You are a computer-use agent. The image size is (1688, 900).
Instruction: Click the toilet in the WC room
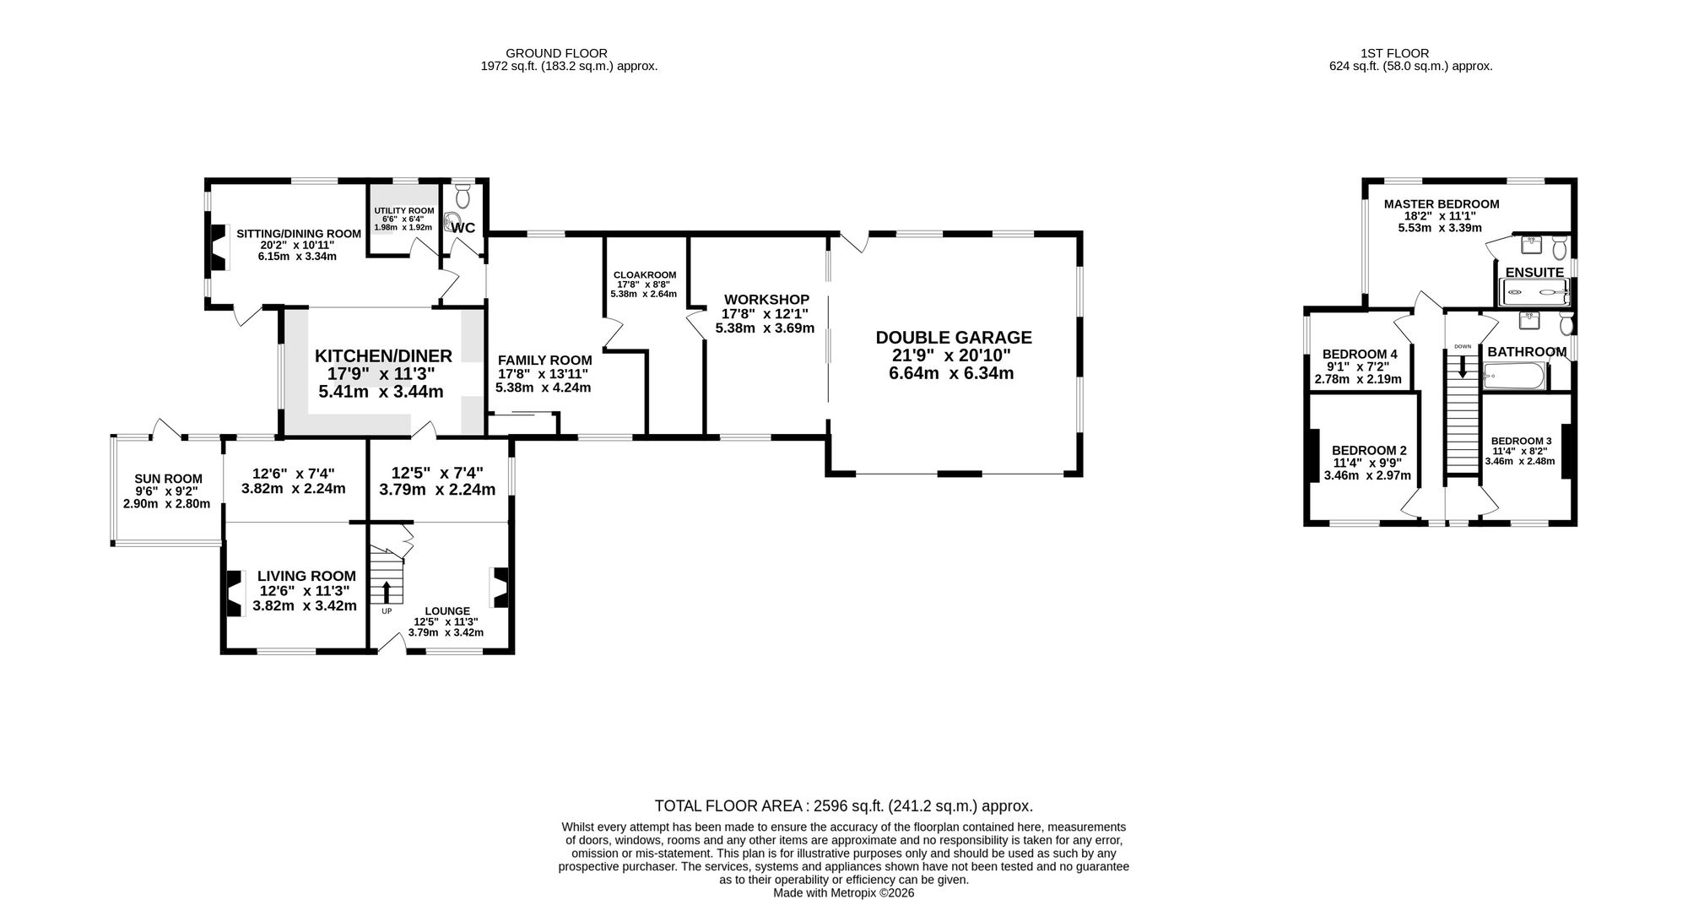(463, 196)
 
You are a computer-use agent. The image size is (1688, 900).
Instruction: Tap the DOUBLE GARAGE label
(954, 338)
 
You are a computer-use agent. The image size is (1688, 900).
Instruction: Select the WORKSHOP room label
(766, 300)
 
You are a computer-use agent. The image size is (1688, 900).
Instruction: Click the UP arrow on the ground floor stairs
(387, 592)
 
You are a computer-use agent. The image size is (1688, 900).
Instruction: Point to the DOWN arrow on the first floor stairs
(1463, 364)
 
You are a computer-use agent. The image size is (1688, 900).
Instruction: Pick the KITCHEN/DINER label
(383, 356)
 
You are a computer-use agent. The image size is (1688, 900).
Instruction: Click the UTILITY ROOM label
(404, 211)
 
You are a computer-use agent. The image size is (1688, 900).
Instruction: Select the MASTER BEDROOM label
(1442, 204)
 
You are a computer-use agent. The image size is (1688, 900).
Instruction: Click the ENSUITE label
(1534, 272)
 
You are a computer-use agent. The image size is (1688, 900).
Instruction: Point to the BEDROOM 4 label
(1360, 354)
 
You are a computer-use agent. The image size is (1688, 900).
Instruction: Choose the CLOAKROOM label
(645, 275)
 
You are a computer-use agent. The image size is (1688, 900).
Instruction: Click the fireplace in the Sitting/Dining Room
(219, 247)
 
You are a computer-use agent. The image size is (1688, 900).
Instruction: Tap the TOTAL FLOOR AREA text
(844, 806)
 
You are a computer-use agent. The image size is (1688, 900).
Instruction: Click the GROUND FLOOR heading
(568, 53)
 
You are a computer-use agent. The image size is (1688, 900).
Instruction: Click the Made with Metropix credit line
(844, 892)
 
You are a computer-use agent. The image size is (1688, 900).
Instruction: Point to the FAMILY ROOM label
(544, 361)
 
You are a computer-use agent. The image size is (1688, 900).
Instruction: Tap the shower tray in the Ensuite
(1534, 293)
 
